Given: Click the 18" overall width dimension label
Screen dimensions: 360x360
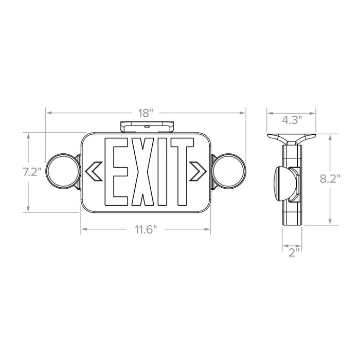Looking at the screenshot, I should (x=146, y=112).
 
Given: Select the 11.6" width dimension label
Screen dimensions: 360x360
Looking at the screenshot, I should (x=146, y=229).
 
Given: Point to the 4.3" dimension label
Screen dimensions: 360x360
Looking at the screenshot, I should (x=292, y=119).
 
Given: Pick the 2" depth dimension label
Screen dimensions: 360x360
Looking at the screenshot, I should (x=292, y=252).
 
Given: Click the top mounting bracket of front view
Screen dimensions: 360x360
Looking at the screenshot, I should (x=146, y=127).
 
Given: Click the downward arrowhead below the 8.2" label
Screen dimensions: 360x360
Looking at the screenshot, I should (x=330, y=222).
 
